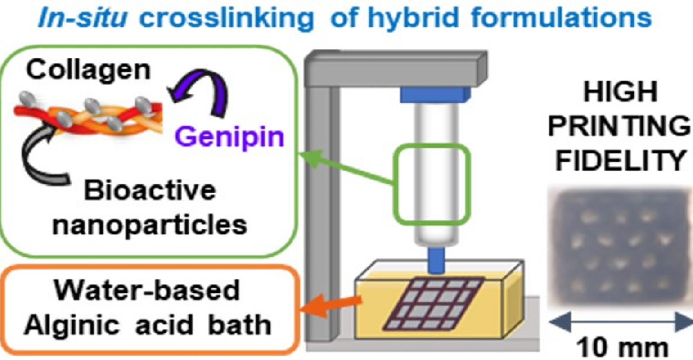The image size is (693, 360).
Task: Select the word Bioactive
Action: [x=150, y=191]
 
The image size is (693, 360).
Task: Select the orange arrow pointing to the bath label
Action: [x=331, y=306]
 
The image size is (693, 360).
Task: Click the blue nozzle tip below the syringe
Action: [x=436, y=261]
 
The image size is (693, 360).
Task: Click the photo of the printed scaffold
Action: [x=619, y=247]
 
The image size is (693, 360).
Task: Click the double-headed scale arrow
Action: [x=621, y=322]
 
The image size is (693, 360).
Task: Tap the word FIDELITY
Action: [x=620, y=161]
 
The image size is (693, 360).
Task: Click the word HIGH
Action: [x=620, y=91]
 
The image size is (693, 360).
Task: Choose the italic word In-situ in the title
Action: [x=82, y=17]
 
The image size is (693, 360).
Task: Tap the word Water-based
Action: [x=147, y=290]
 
